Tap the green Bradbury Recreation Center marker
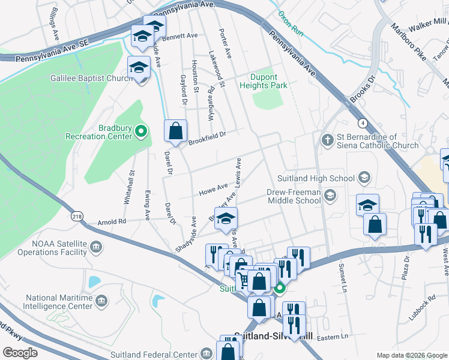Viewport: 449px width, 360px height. tap(140, 130)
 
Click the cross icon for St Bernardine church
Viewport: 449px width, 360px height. tap(327, 140)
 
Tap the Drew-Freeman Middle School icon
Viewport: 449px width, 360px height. tap(330, 196)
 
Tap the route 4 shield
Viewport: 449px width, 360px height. tap(363, 123)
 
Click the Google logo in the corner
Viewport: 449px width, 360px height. tap(20, 353)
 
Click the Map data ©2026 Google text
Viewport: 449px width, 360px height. tap(412, 355)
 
